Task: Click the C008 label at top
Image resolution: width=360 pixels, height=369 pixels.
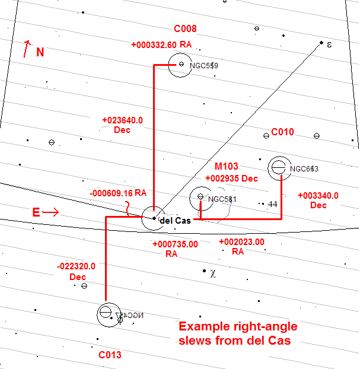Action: tap(185, 28)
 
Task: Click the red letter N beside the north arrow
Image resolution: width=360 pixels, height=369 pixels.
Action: tap(40, 52)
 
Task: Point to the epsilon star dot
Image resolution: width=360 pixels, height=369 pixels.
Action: tap(321, 43)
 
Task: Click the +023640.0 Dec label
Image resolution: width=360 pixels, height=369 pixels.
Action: tap(122, 125)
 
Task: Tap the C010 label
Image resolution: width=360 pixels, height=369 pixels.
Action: tap(283, 132)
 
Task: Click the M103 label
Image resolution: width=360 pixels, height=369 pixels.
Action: tap(225, 167)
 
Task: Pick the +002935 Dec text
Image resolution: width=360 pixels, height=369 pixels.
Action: tap(231, 178)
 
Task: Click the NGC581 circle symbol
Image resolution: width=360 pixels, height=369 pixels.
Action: tap(200, 197)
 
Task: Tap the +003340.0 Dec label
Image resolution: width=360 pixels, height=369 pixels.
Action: tap(318, 200)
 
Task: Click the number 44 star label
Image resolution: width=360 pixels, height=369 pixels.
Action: tap(273, 204)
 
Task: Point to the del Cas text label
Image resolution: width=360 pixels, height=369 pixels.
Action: tap(175, 220)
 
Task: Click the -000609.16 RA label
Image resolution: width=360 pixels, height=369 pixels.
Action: tap(117, 193)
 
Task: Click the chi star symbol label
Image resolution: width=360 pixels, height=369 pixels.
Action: tap(213, 273)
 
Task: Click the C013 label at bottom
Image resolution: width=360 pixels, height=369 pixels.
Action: tap(110, 355)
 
